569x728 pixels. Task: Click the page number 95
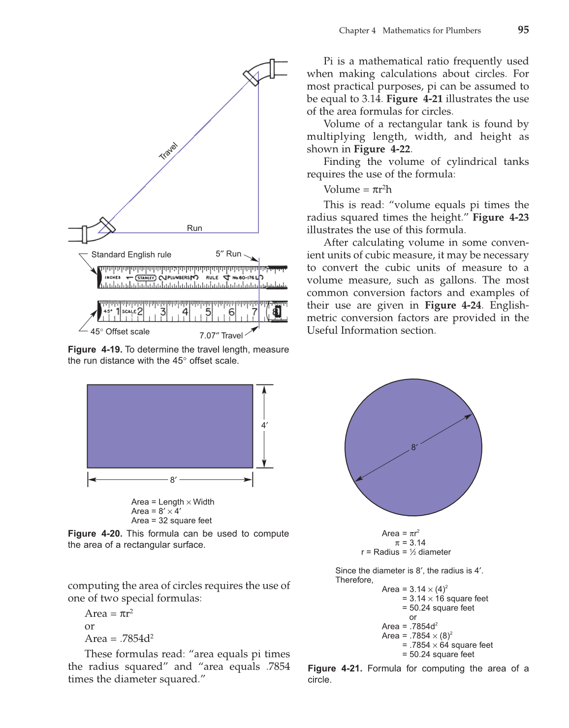tap(523, 30)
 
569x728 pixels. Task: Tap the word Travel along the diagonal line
tap(168, 151)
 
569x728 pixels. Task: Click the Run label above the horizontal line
tap(194, 228)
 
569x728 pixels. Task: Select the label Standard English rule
tap(131, 254)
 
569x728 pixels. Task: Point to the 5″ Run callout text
tap(228, 254)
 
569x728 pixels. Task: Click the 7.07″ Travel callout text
tap(221, 335)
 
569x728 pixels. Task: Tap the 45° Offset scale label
tap(120, 331)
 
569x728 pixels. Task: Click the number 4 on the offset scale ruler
tap(185, 312)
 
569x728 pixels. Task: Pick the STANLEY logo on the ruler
tap(146, 278)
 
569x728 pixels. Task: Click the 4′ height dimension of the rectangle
tap(264, 425)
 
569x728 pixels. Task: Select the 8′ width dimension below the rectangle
tap(173, 479)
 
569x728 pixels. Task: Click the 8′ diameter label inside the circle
tap(414, 447)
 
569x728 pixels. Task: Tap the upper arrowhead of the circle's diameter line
tap(469, 416)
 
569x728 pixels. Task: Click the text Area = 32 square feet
tap(171, 520)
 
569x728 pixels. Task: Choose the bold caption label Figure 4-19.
tap(95, 349)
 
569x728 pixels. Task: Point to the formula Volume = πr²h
tap(357, 190)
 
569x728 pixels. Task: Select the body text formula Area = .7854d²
tap(119, 638)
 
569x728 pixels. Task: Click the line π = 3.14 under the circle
tap(410, 542)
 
